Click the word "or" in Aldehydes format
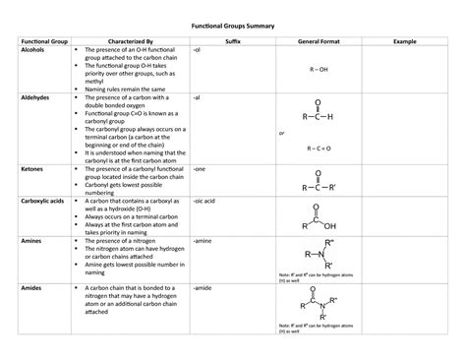282,132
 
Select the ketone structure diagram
320,180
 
